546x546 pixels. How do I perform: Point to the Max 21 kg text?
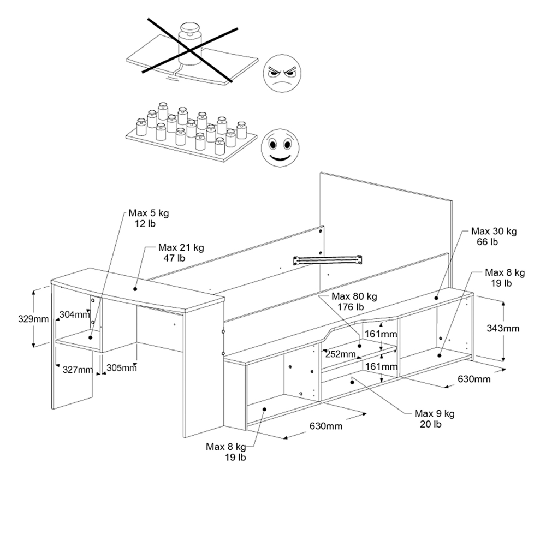181,247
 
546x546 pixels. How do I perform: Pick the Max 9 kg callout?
435,413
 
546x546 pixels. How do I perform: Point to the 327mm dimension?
78,370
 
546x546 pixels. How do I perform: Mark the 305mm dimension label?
121,367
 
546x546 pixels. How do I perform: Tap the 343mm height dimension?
502,328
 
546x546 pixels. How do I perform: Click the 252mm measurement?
340,354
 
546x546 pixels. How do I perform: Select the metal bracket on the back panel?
328,260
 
